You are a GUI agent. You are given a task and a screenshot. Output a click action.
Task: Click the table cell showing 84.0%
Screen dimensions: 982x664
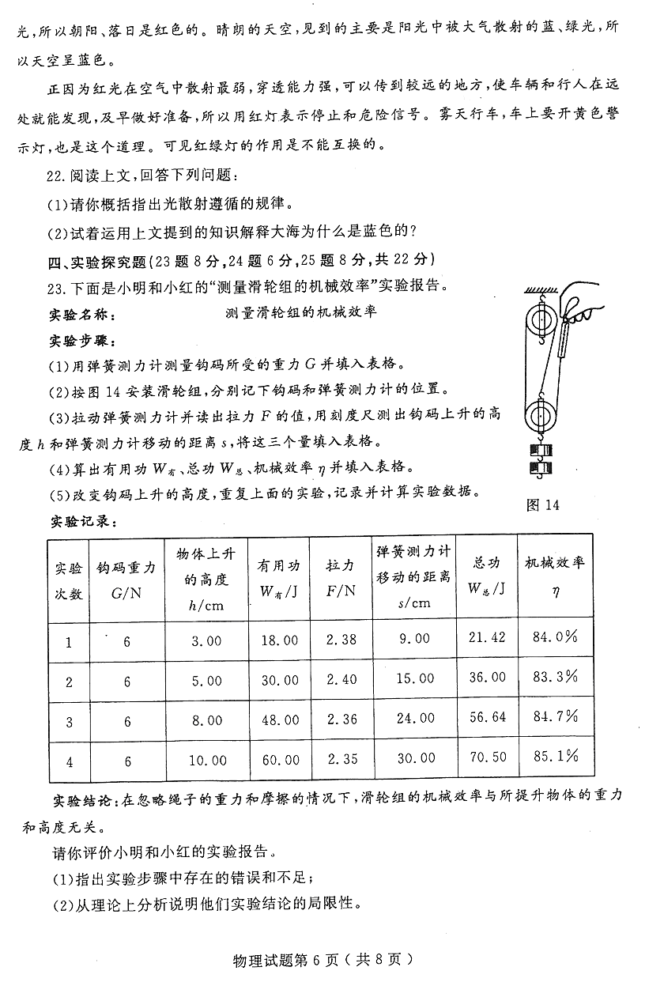(555, 636)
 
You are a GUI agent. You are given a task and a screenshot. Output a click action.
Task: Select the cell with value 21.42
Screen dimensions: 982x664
(487, 637)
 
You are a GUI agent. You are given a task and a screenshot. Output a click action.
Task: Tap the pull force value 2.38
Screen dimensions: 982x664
(341, 639)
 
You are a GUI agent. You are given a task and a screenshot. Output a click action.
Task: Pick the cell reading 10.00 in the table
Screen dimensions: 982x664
(207, 761)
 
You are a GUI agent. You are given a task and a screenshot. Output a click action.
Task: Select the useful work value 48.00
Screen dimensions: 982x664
(280, 720)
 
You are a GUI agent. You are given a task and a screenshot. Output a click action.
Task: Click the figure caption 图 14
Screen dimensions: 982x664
(542, 505)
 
